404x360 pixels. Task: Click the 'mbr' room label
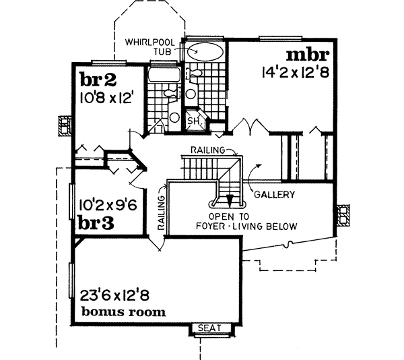click(308, 54)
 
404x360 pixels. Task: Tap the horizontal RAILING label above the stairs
click(206, 148)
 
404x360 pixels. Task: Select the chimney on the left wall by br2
click(65, 127)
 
